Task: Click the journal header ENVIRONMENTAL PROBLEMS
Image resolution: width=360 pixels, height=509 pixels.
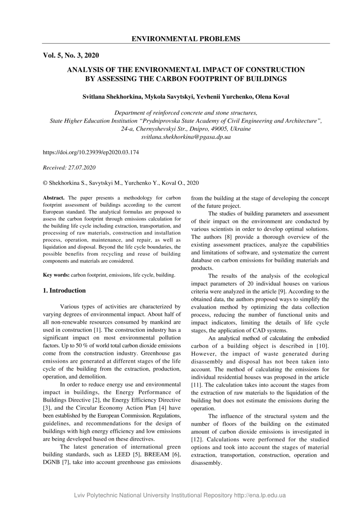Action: click(x=186, y=39)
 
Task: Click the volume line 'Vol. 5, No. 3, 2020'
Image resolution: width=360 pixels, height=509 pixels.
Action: click(x=71, y=55)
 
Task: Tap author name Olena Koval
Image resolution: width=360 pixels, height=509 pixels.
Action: click(x=273, y=97)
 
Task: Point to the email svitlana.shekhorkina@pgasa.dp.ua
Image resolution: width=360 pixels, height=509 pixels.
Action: click(x=186, y=137)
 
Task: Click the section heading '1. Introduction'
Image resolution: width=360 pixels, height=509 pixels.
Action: click(x=64, y=291)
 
